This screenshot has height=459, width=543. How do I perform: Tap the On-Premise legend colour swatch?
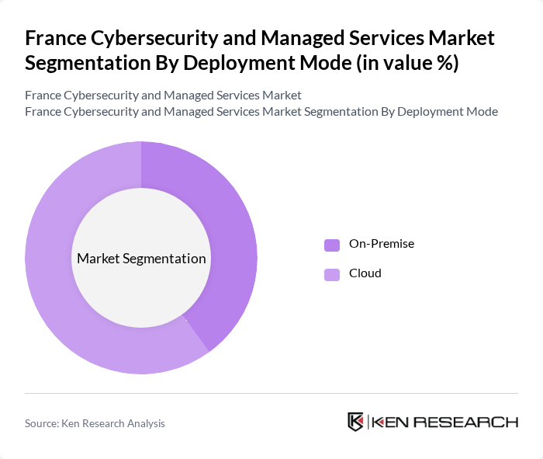click(332, 245)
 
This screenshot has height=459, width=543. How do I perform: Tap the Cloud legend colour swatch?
click(332, 274)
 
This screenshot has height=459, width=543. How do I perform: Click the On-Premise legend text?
click(382, 244)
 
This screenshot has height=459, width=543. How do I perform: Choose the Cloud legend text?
click(365, 273)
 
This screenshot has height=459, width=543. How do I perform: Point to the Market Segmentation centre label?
click(141, 259)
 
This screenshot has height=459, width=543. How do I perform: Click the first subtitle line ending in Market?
click(163, 96)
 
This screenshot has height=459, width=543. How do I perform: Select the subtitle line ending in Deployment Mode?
click(261, 112)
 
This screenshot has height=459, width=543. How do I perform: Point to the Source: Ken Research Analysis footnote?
click(95, 423)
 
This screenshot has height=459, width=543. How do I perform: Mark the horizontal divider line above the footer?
click(271, 393)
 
